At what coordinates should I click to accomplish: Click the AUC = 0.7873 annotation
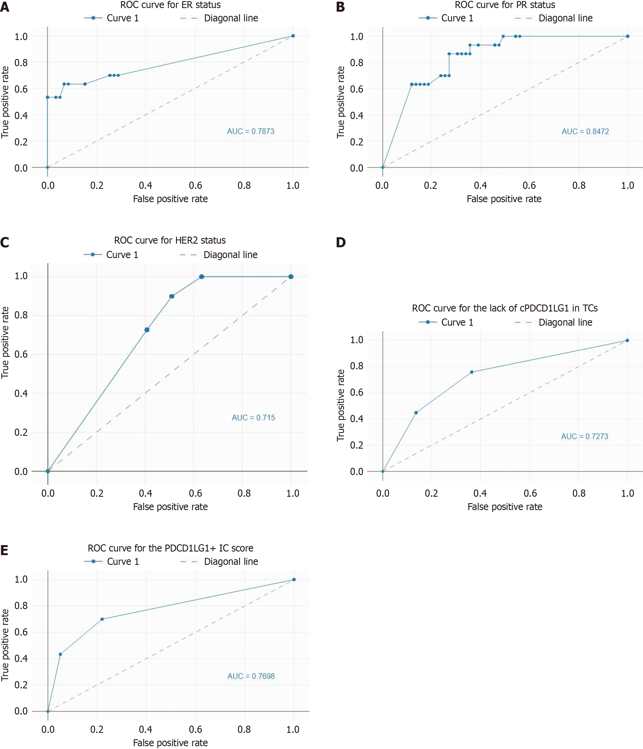point(250,131)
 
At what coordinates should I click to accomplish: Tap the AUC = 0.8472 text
point(585,132)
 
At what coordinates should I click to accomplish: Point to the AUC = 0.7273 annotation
point(584,436)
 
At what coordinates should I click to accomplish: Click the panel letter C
point(5,242)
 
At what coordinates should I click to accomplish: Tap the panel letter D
point(341,242)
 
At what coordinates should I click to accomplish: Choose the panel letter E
point(4,550)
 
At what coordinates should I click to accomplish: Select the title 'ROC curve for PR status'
point(505,5)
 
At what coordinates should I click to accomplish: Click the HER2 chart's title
point(170,240)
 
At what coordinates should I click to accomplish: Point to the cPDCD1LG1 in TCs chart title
point(505,308)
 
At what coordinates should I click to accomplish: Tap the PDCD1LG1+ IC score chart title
point(171,548)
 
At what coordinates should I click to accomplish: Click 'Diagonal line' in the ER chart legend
point(231,18)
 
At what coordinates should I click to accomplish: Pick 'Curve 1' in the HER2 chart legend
point(122,255)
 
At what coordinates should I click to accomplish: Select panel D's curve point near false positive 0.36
point(471,372)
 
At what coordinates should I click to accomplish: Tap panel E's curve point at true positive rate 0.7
point(102,619)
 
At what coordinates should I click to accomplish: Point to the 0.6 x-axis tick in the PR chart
point(529,186)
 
